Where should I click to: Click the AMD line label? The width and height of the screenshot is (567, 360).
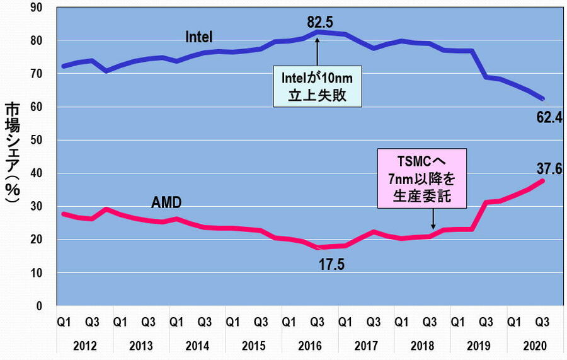[166, 203]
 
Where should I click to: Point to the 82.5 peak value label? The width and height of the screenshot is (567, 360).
[320, 23]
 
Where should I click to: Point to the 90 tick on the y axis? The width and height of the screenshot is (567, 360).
[42, 7]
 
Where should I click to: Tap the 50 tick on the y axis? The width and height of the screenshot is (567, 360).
[42, 140]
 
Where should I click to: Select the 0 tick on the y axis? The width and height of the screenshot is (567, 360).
[45, 306]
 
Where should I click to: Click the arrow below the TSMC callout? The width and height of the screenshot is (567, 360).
[433, 219]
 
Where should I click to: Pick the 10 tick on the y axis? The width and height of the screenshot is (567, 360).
[42, 272]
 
